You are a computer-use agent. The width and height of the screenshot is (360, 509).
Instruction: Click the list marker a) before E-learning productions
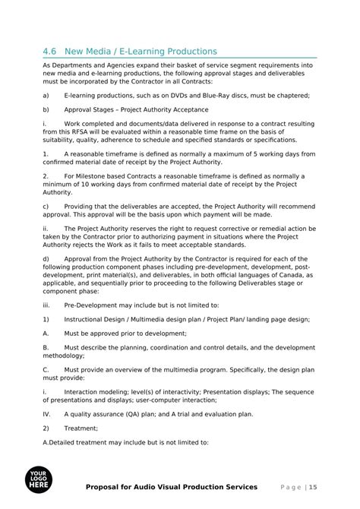point(46,95)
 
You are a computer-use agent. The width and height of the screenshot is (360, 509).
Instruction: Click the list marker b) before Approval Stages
point(46,109)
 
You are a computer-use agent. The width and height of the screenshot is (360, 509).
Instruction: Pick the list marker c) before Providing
point(46,206)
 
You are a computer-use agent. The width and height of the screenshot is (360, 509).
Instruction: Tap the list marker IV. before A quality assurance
point(47,414)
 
